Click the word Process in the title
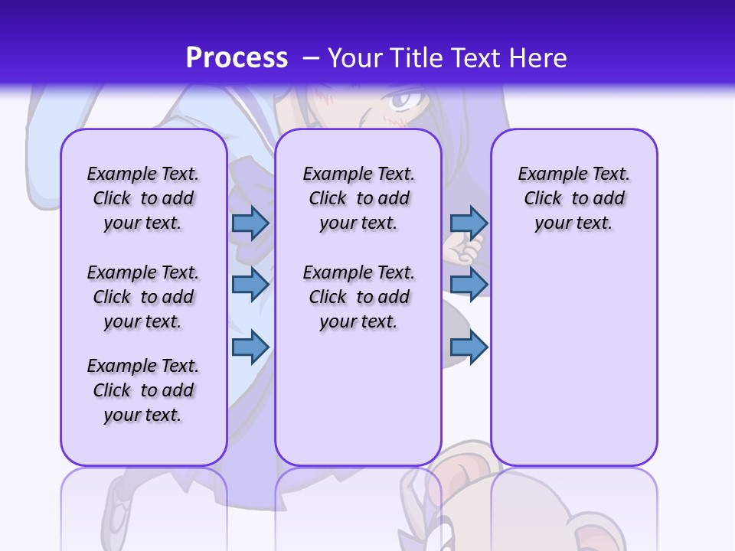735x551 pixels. [237, 57]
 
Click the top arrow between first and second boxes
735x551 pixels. [250, 223]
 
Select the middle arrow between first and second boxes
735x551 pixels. [250, 284]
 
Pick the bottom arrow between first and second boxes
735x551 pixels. [250, 347]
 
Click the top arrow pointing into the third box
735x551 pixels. [469, 223]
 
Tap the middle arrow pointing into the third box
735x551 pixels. [469, 284]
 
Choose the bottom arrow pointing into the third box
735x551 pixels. [469, 347]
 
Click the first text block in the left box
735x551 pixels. [143, 198]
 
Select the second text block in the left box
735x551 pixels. [143, 297]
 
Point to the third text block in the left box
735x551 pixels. [143, 390]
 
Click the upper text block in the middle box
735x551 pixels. [358, 198]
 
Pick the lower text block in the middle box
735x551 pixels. [358, 297]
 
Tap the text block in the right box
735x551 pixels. [573, 198]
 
